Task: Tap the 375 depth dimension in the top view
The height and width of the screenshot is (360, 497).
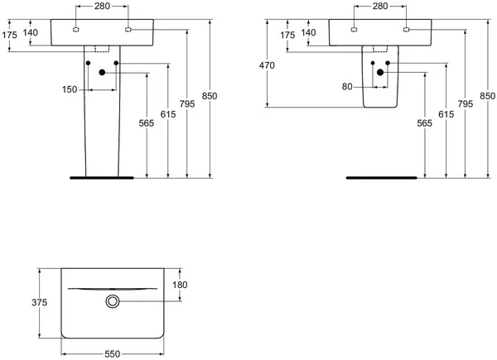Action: coord(28,303)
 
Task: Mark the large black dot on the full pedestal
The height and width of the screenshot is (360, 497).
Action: coord(102,73)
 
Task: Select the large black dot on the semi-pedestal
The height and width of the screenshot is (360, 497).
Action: coord(380,73)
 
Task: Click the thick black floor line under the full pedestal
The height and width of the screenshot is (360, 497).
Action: coord(102,177)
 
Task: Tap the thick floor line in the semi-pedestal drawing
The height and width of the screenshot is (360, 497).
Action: coord(380,177)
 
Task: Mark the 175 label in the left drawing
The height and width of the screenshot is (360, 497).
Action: coord(10,35)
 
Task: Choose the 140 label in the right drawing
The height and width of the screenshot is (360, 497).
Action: coord(309,31)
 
